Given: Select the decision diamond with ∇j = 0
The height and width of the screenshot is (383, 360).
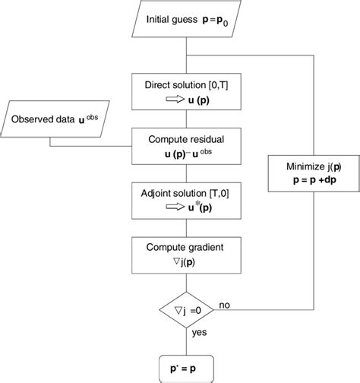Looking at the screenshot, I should (185, 310).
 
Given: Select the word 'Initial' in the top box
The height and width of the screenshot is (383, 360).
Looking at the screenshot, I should (159, 17).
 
